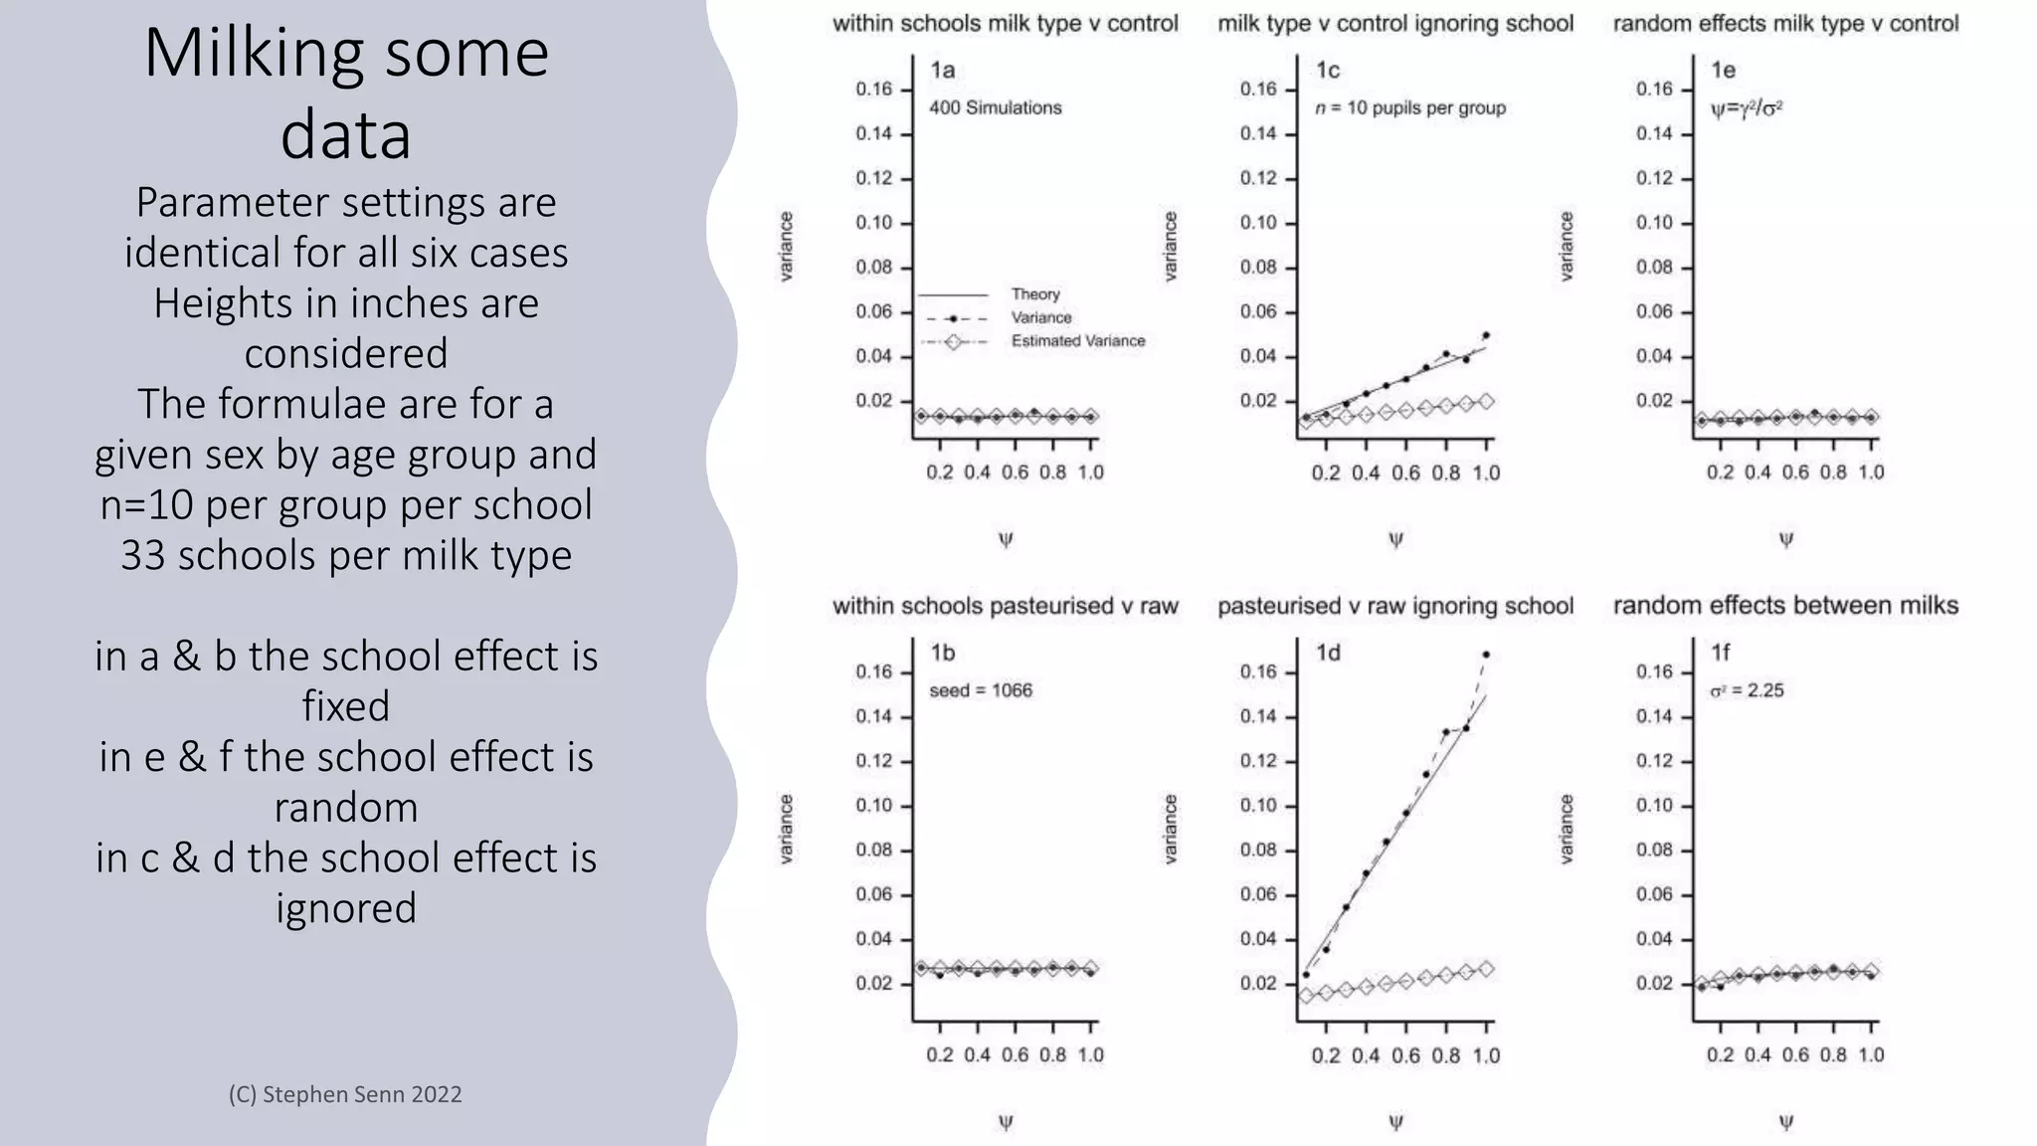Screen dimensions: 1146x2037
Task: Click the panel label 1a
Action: pos(942,71)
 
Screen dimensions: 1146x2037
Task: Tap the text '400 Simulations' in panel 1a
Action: pos(995,107)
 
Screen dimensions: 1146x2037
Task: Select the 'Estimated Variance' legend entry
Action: pos(1077,341)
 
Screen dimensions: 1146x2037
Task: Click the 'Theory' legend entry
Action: pos(1034,294)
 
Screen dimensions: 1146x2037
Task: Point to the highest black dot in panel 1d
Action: pos(1486,655)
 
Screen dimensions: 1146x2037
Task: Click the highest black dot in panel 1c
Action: pos(1486,335)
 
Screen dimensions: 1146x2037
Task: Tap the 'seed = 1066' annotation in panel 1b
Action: pos(981,690)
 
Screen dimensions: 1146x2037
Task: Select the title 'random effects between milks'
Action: pos(1785,606)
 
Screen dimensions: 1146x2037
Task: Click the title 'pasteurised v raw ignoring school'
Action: pos(1395,606)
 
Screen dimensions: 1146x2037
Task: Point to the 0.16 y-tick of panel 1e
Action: pos(1654,90)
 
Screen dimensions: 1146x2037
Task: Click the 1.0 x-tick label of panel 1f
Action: pos(1871,1054)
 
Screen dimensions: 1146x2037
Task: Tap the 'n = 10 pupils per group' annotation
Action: pos(1410,107)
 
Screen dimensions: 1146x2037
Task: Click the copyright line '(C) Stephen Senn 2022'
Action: pos(345,1094)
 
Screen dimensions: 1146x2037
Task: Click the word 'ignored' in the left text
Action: pos(346,908)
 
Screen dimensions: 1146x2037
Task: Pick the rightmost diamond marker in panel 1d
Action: pos(1486,969)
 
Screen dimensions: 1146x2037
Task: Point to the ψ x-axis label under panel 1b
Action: pos(1006,1122)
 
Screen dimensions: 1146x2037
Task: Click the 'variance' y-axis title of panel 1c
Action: pos(1170,246)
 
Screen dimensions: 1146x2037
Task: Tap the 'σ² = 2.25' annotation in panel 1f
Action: pos(1747,690)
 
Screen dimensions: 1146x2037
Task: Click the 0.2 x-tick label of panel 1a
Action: pos(939,473)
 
